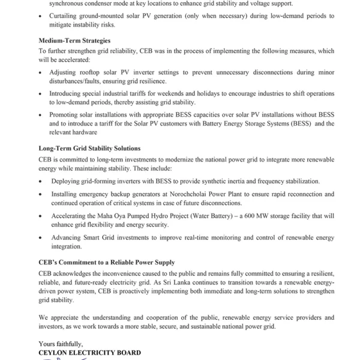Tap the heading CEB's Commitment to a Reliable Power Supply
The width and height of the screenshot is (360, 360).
coord(106,262)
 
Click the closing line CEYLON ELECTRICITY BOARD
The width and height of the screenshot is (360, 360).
coord(89,353)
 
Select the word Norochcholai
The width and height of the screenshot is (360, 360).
coord(199,194)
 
